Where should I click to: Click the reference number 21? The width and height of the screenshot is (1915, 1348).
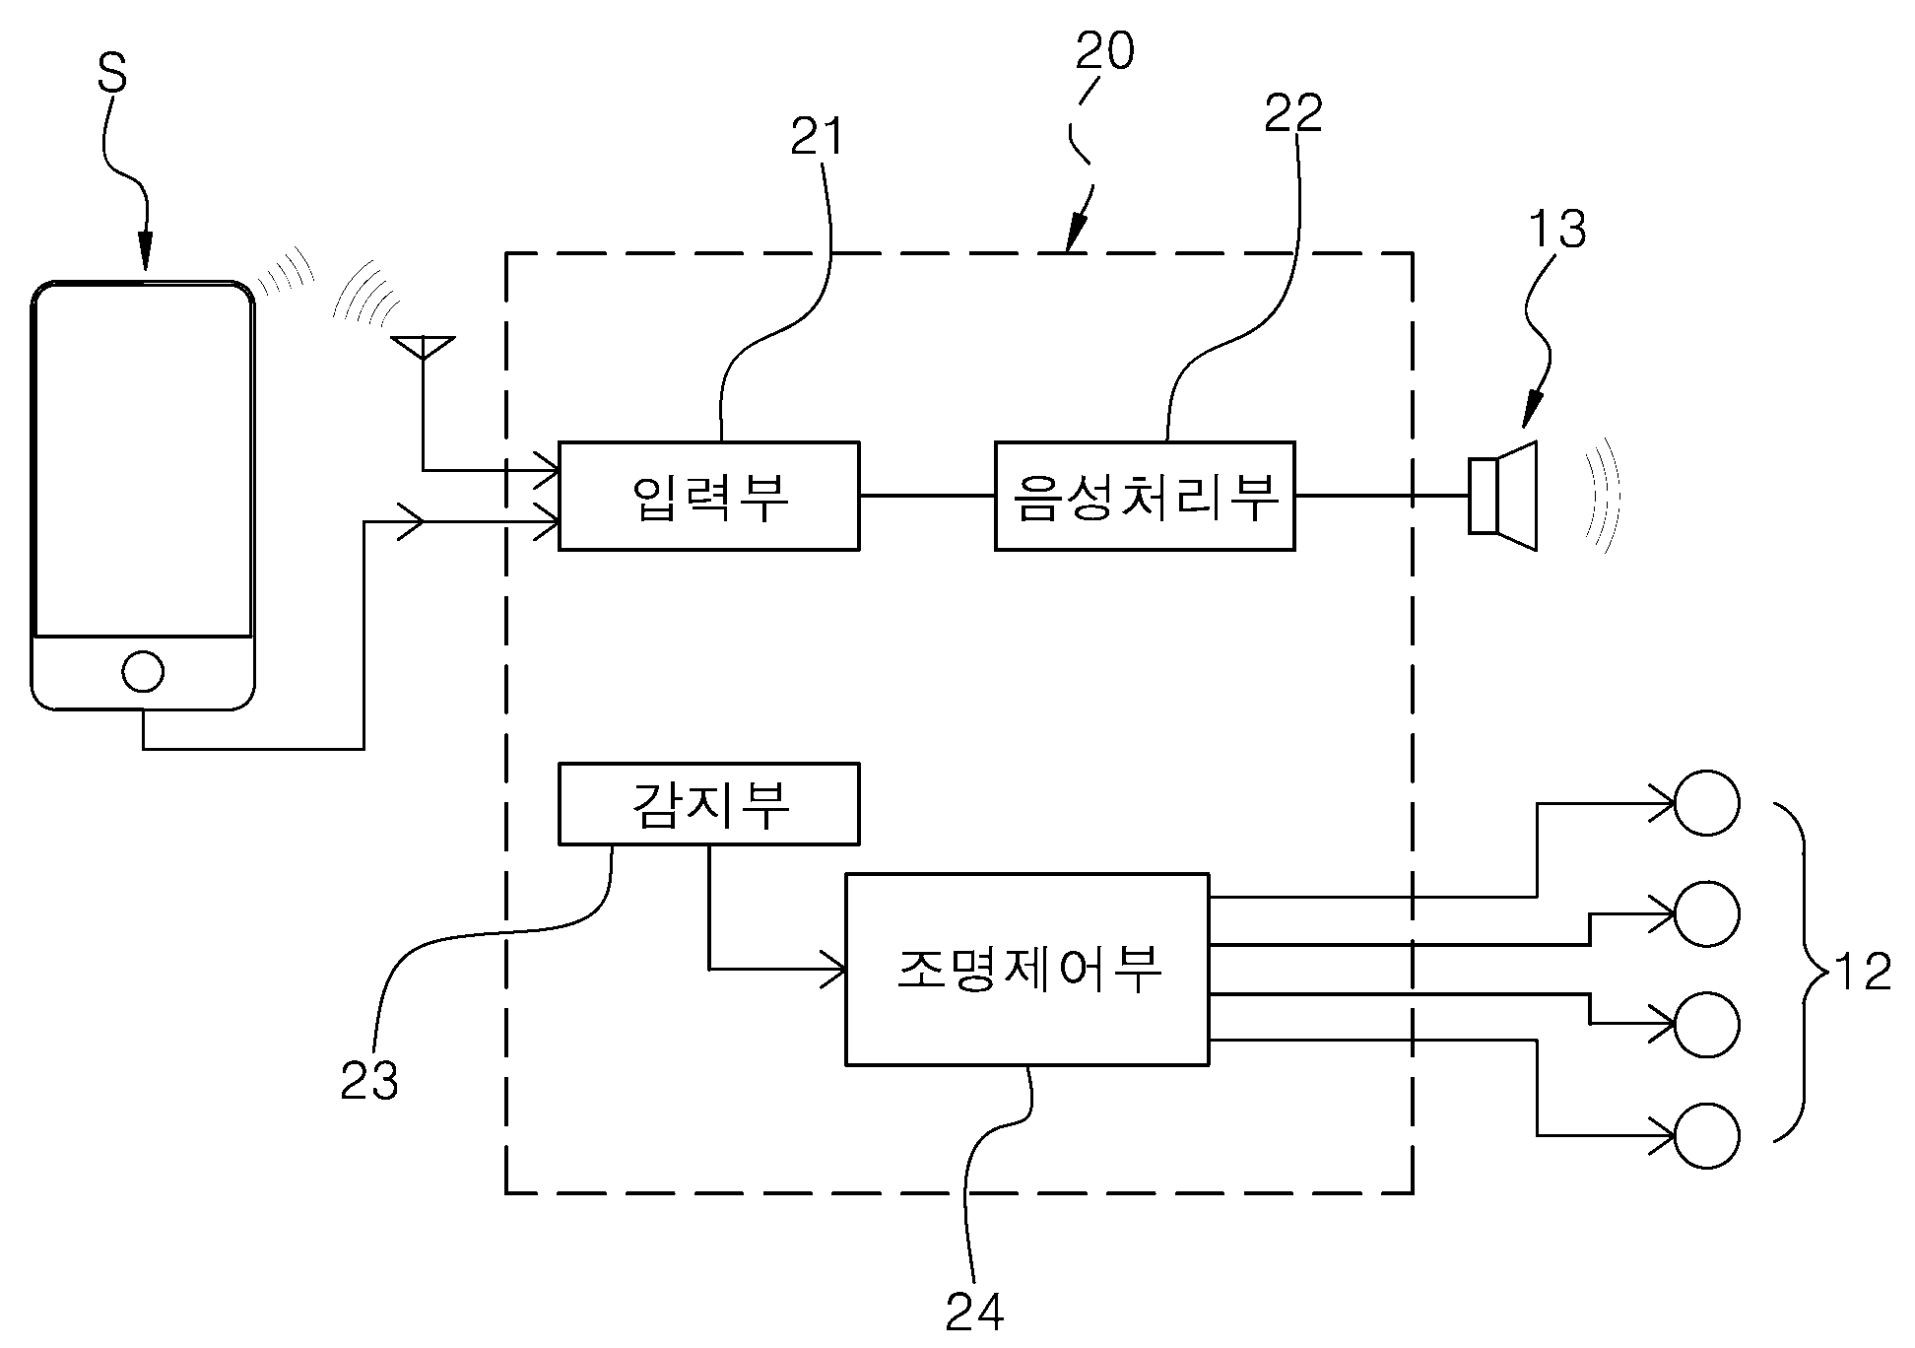tap(818, 138)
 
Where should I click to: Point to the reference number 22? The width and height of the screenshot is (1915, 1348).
tap(1293, 114)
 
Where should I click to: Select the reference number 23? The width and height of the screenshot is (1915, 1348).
tap(369, 1081)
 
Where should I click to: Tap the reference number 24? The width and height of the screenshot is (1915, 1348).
tap(975, 1311)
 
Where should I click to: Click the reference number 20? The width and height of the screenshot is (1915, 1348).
tap(1104, 50)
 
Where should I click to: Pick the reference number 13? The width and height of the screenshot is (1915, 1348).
tap(1557, 229)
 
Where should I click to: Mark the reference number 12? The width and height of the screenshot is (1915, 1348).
tap(1863, 972)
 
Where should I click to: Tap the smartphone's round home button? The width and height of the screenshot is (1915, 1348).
tap(143, 672)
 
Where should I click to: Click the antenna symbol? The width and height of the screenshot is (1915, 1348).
tap(423, 348)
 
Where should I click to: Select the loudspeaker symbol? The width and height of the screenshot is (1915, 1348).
tap(1503, 496)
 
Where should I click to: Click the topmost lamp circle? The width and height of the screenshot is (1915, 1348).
tap(1706, 803)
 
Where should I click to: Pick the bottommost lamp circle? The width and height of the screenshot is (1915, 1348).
tap(1706, 1136)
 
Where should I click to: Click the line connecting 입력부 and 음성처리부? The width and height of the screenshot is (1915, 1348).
tap(927, 496)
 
